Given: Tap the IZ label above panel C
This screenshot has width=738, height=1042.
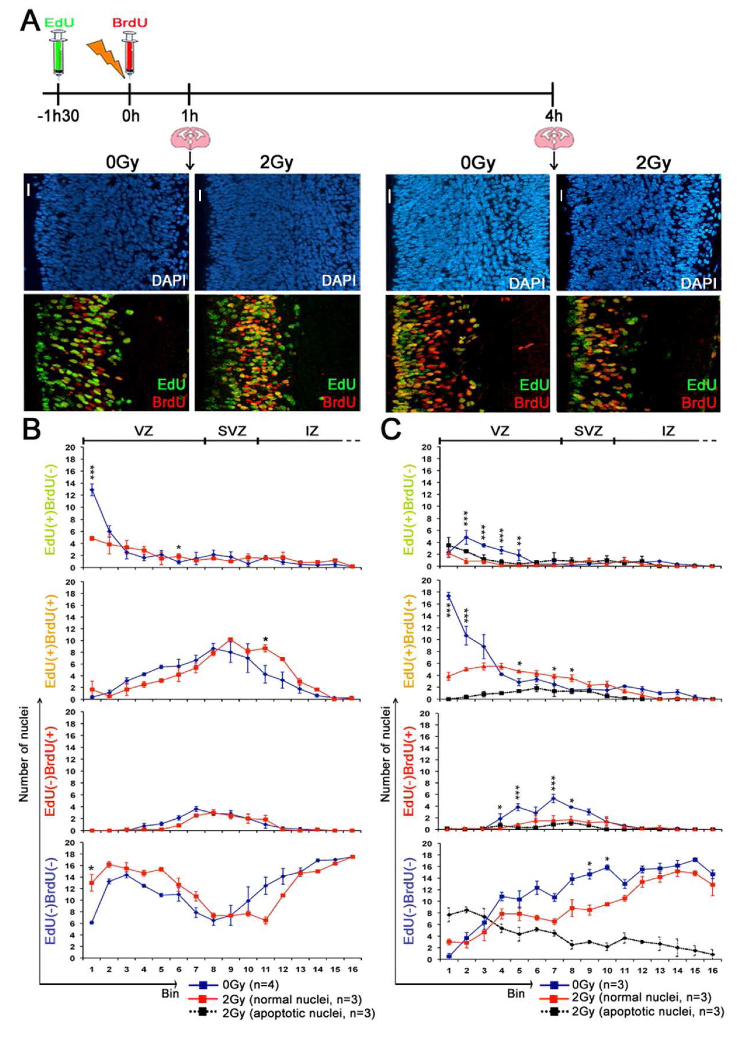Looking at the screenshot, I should (x=668, y=430).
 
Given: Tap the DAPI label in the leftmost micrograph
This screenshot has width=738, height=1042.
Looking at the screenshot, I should (x=169, y=281).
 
